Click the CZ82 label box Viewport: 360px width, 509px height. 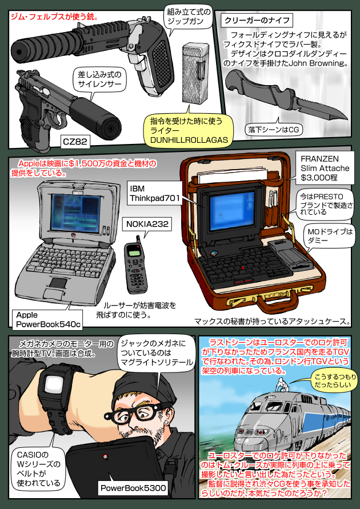pos(75,141)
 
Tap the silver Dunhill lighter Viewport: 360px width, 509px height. pos(194,73)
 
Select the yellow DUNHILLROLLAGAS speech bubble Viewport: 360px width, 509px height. pos(190,130)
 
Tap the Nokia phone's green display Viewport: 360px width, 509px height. pos(134,251)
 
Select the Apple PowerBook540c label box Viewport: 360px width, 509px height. pos(47,319)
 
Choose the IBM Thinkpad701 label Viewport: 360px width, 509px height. pos(155,194)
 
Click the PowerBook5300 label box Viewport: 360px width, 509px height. pos(133,488)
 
